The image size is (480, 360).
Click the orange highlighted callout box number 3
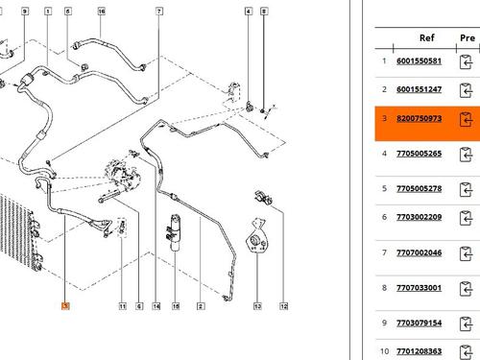tap(65, 306)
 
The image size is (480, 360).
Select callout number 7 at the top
tap(159, 12)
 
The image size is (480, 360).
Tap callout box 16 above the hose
tap(102, 12)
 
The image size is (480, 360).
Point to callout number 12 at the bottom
tap(284, 306)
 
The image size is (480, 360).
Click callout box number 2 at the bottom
tap(201, 306)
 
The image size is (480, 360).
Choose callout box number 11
tap(123, 306)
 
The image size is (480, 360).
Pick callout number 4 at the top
tap(249, 12)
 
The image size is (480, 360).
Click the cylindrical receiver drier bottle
tap(175, 232)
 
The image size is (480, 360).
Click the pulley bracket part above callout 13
tap(257, 236)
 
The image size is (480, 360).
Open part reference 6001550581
tap(419, 61)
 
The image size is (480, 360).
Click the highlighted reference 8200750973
tap(419, 118)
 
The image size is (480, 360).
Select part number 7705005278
tap(419, 188)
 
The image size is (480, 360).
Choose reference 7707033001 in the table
tap(419, 288)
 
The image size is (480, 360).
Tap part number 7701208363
tap(419, 351)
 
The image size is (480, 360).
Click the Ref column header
tap(427, 37)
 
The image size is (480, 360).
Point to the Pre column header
tap(468, 37)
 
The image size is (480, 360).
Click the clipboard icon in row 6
tap(466, 218)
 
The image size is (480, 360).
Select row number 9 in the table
tap(384, 323)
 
